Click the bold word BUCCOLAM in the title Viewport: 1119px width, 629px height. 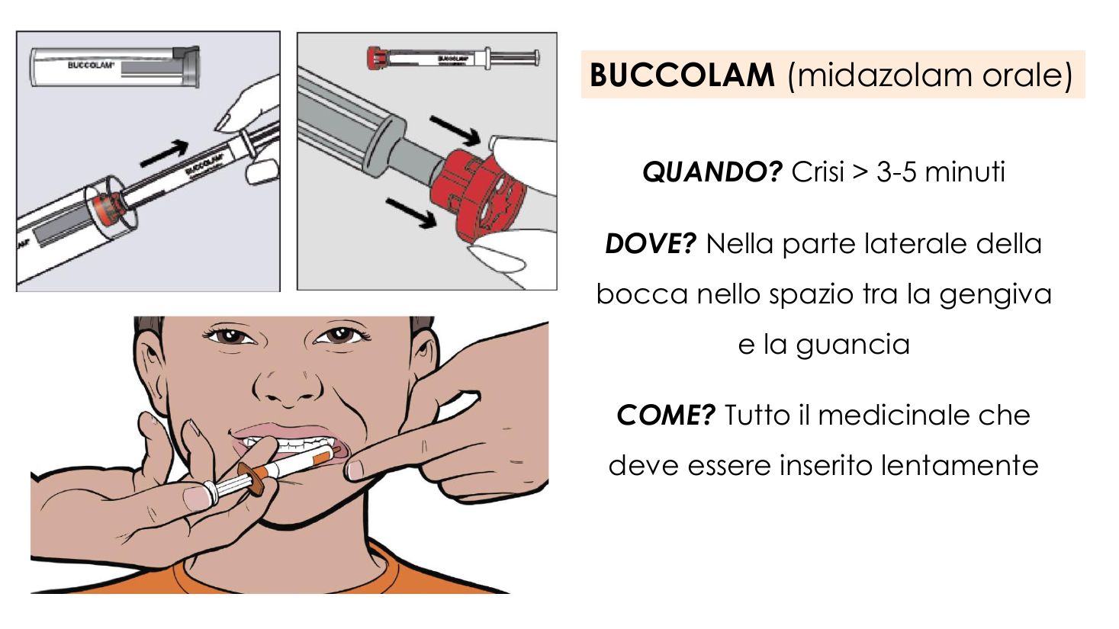click(682, 75)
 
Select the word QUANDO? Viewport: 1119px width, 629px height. click(712, 172)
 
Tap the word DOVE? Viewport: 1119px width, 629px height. click(651, 244)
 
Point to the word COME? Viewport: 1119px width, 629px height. click(666, 416)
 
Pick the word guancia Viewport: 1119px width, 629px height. click(852, 345)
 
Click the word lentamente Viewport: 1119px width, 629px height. click(959, 465)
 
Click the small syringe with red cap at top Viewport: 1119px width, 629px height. click(453, 58)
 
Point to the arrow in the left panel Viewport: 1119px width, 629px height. click(164, 153)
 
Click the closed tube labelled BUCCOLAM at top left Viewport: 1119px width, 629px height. click(115, 67)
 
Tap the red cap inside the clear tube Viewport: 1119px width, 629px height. click(106, 204)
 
